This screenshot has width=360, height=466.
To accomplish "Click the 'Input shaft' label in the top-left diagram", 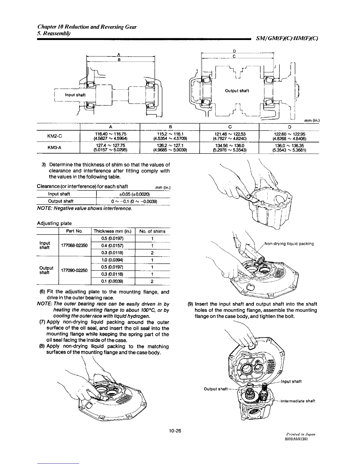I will (75, 95).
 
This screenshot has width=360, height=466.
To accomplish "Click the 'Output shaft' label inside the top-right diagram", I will (237, 91).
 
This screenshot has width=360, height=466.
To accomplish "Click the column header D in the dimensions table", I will (289, 127).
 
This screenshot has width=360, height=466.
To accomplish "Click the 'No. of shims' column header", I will (152, 231).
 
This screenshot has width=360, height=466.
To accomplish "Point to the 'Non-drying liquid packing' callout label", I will (289, 244).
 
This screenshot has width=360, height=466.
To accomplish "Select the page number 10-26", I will (175, 431).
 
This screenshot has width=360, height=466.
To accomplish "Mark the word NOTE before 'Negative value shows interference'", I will (44, 209).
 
